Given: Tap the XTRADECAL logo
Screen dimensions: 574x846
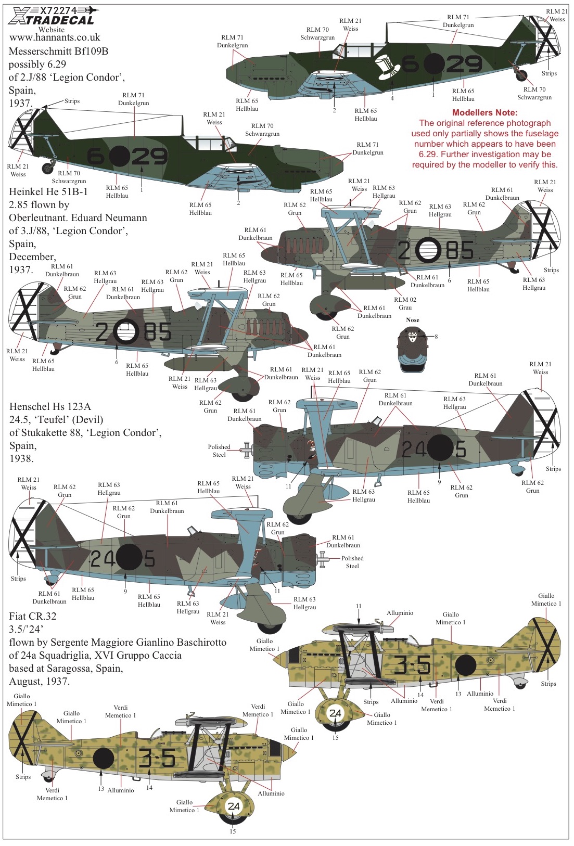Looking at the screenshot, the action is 52,17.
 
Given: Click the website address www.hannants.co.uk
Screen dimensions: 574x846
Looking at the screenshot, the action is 55,37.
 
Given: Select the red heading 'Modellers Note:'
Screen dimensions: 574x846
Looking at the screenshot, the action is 484,112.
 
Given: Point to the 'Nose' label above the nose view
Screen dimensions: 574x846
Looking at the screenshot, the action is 412,320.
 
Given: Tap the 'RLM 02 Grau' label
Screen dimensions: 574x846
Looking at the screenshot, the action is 405,303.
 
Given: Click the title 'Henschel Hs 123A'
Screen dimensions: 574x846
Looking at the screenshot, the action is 50,407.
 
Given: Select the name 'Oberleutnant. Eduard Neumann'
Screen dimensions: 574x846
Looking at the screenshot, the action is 78,218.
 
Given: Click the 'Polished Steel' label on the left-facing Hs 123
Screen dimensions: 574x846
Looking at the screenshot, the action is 219,451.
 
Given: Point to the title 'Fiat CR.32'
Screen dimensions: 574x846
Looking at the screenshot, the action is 33,616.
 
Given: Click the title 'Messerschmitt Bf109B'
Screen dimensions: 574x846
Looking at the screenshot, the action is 58,51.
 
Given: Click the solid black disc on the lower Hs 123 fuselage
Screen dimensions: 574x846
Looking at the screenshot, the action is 127,557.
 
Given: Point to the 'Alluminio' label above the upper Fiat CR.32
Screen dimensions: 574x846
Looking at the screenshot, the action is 400,613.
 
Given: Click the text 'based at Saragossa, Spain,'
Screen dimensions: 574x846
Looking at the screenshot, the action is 66,668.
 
